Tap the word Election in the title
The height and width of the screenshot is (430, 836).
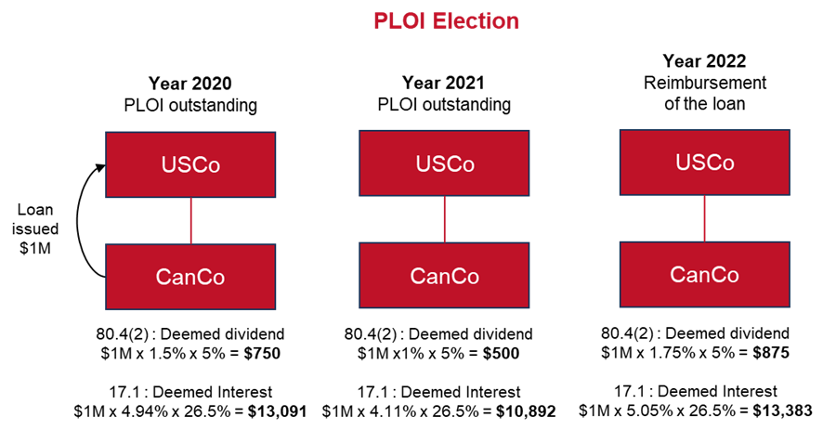(472, 21)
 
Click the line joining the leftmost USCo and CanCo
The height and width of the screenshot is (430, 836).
(190, 221)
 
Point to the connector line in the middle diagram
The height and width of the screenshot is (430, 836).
(444, 219)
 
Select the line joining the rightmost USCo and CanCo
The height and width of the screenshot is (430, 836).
(704, 218)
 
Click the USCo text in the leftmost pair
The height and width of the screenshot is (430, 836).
(190, 165)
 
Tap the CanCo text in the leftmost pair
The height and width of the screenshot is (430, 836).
(190, 278)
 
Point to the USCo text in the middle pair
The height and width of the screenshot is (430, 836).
(445, 164)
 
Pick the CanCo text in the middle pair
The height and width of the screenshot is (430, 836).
(445, 277)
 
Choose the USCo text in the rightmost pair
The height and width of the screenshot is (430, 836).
(705, 163)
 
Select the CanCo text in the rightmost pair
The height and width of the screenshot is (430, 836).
(705, 275)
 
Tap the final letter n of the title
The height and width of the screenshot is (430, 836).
(513, 21)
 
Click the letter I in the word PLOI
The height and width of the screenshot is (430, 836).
(415, 21)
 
